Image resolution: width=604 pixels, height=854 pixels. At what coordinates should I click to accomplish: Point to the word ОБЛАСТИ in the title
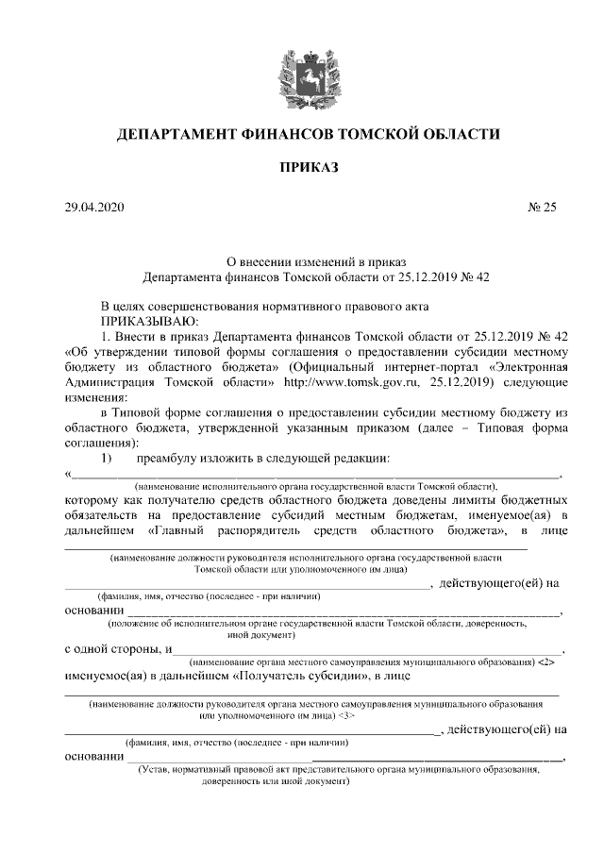(x=459, y=134)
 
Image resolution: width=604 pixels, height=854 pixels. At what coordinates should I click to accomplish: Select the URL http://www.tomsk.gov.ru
(x=345, y=382)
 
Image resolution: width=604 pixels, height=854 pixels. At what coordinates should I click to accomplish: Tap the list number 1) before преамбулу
(x=107, y=458)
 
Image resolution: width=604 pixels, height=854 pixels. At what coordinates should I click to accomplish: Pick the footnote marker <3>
(x=346, y=716)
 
